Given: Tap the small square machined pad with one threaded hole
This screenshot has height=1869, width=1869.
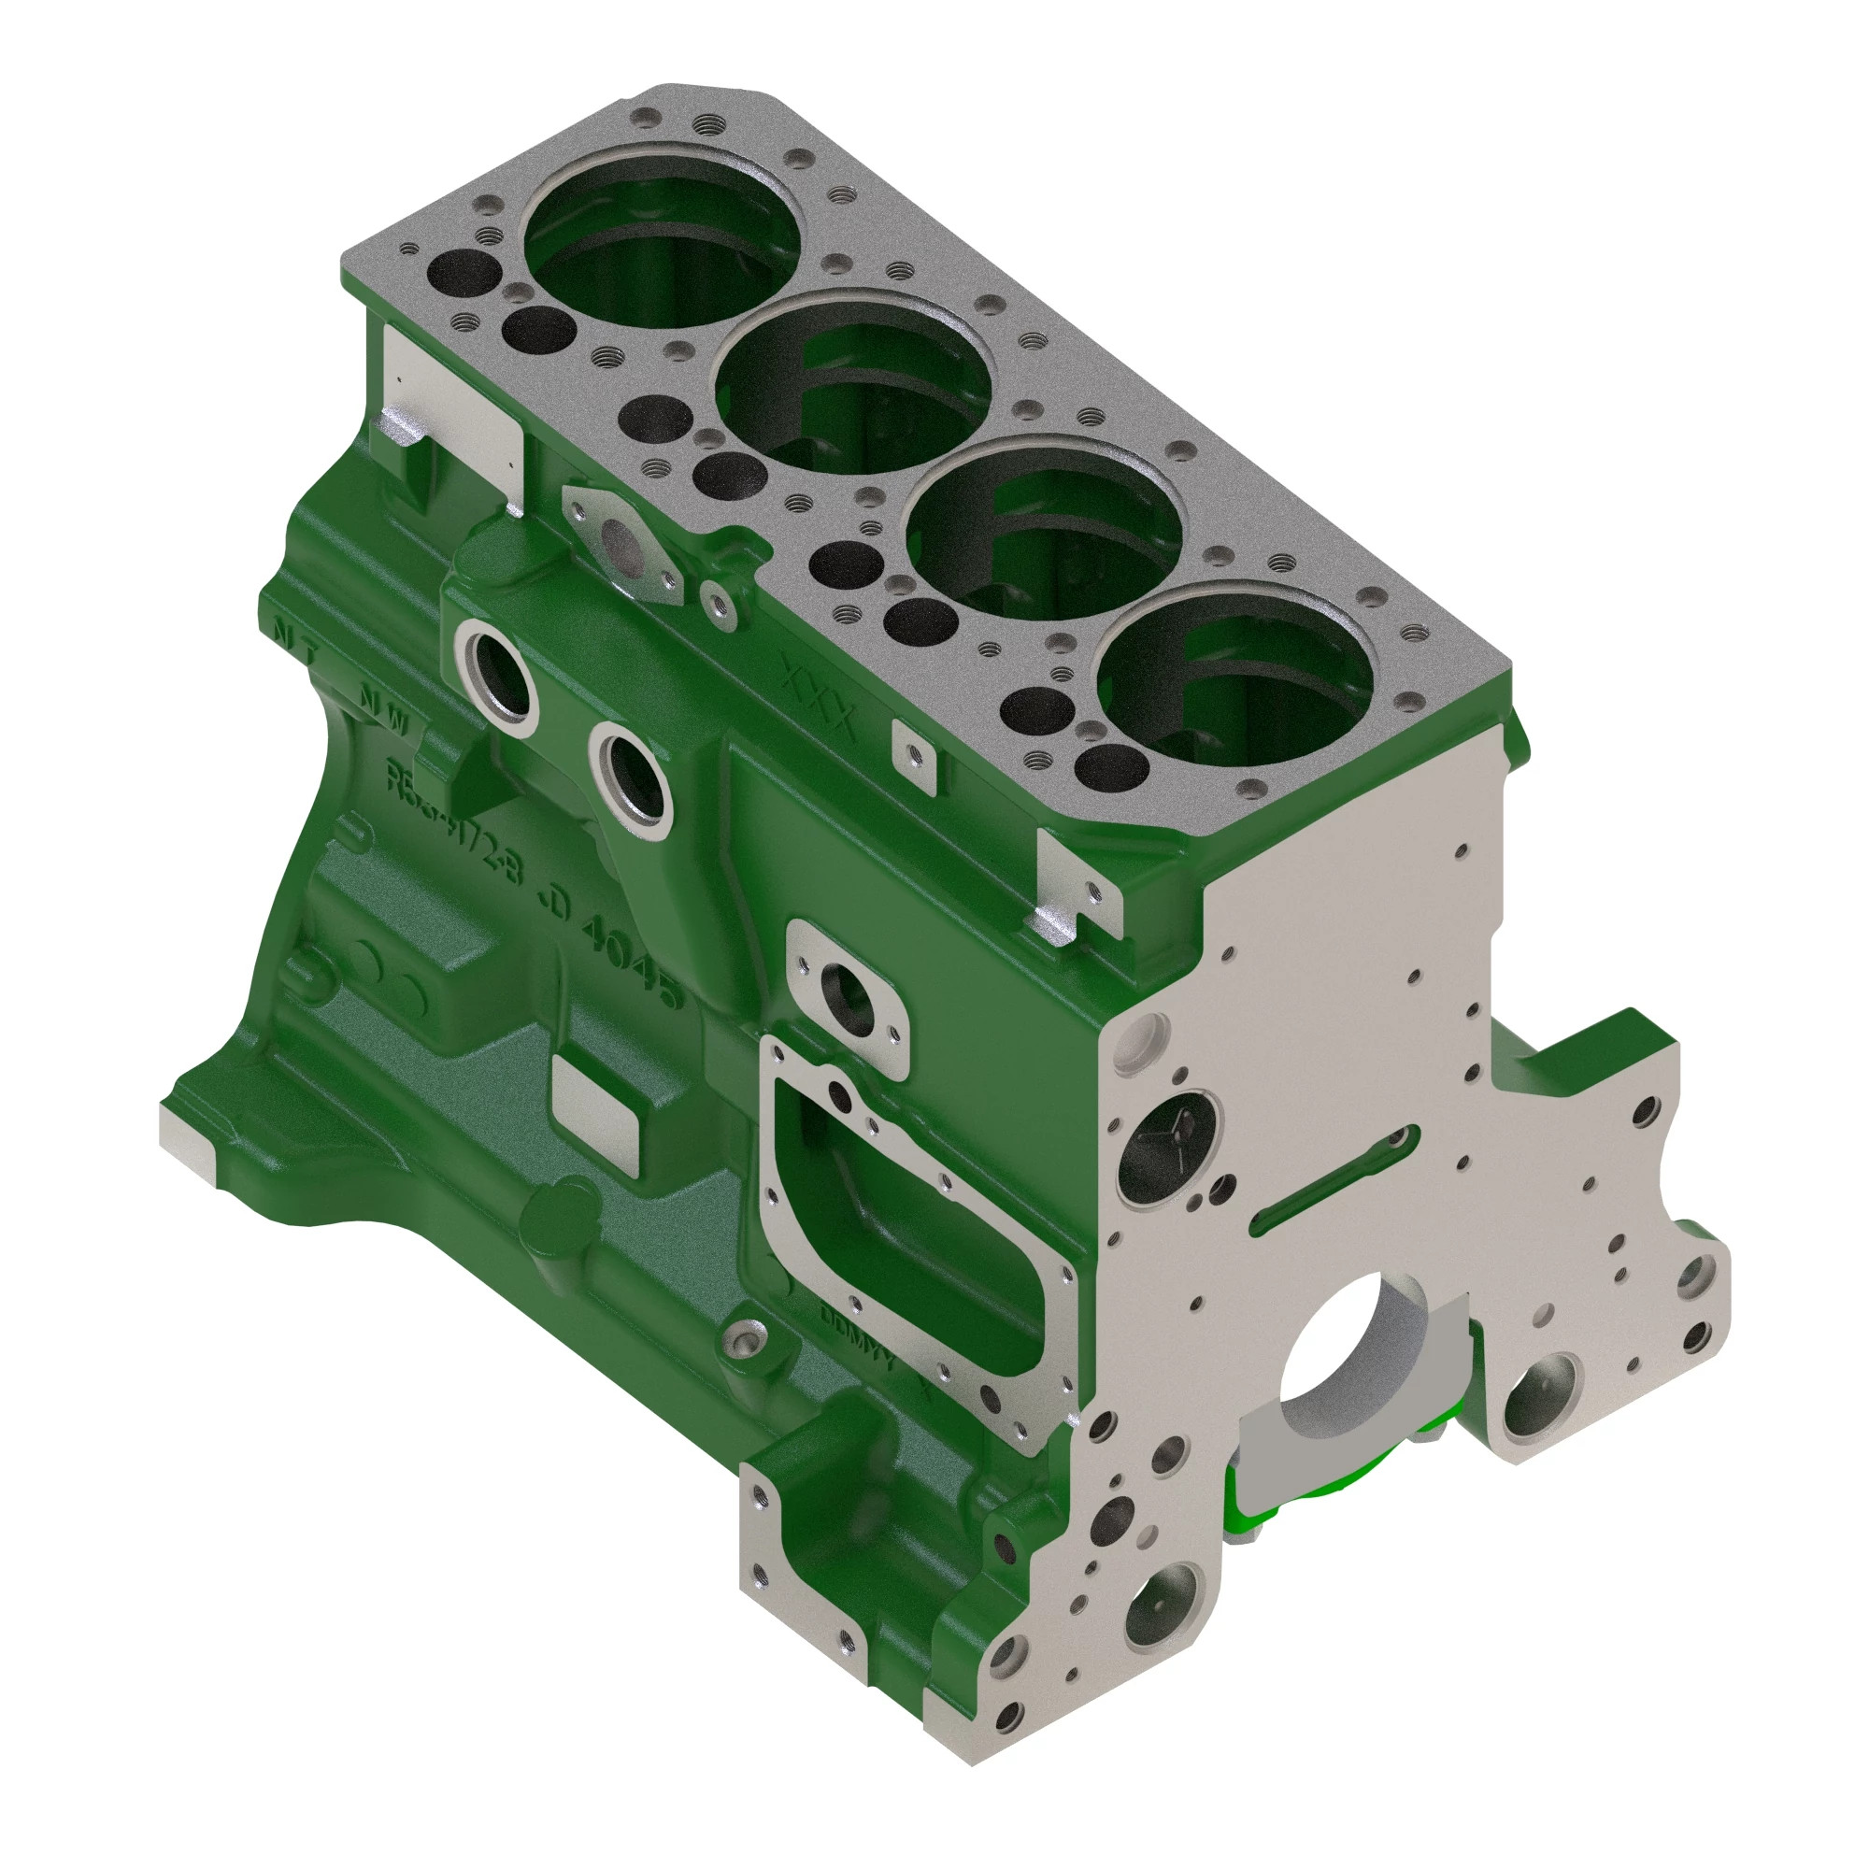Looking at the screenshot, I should (x=914, y=757).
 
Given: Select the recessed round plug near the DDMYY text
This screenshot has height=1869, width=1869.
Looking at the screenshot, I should (x=747, y=1343).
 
